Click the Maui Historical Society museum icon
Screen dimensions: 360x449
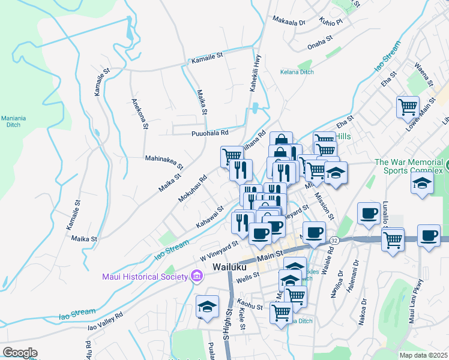tap(196, 276)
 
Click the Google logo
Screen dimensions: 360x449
tap(20, 352)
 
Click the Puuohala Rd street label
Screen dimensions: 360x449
tap(209, 133)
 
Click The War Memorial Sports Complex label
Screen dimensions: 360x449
tap(411, 166)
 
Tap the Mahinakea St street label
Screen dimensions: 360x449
tap(164, 159)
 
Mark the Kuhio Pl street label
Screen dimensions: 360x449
tap(331, 22)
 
